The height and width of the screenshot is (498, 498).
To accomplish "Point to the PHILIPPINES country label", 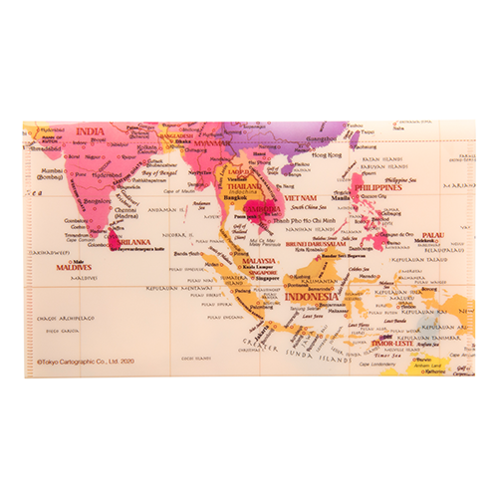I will point(379,186).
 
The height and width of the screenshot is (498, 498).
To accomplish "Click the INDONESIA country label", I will point(311,297).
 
